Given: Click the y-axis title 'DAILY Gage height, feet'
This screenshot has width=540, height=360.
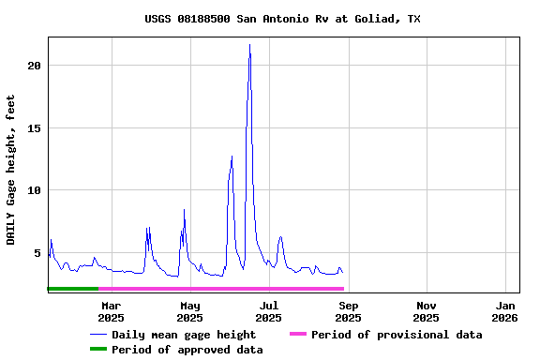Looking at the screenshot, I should (11, 170).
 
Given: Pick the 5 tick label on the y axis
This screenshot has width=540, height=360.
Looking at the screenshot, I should (37, 253).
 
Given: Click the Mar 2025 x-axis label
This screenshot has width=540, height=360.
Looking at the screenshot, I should (111, 311).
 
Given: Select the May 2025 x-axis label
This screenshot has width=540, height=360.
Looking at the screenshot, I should (189, 311).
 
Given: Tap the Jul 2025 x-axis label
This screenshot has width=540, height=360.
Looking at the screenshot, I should (269, 311).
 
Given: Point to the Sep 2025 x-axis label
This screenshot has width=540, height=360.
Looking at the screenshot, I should (348, 311).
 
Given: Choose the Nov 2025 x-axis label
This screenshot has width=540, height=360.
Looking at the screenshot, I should (427, 311).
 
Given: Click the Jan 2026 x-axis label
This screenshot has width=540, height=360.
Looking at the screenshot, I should (505, 311).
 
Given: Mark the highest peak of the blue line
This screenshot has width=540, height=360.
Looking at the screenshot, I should (249, 45).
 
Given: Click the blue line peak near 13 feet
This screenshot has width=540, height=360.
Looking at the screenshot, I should (232, 157).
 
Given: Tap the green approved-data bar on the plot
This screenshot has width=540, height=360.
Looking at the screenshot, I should (72, 289).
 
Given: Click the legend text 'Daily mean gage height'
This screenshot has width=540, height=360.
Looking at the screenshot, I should (184, 335).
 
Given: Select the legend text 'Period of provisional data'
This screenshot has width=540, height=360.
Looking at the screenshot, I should (397, 335).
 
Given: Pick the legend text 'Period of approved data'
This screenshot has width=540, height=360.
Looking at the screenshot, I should (187, 350).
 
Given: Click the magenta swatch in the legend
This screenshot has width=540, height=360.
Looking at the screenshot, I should (298, 335).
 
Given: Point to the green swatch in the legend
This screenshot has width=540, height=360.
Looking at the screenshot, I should (98, 350).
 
